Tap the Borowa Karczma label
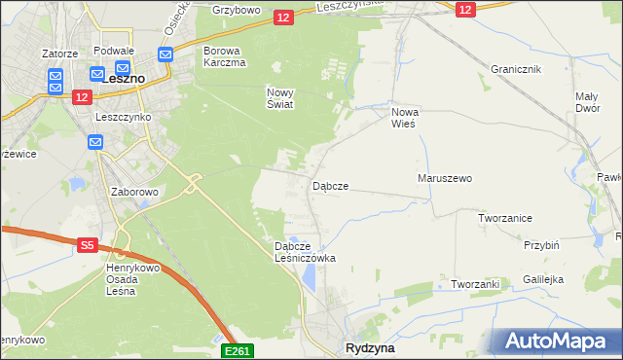click(225, 55)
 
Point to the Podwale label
click(113, 50)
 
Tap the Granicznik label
click(515, 70)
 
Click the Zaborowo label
click(134, 192)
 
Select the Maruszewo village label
click(444, 179)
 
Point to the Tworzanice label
click(504, 219)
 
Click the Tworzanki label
click(475, 284)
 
